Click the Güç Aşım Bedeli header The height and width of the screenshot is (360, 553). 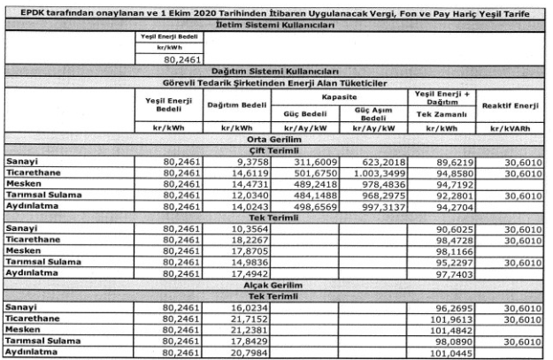pyautogui.click(x=374, y=115)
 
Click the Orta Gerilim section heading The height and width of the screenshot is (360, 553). pyautogui.click(x=274, y=140)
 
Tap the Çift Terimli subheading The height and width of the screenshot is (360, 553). pyautogui.click(x=274, y=150)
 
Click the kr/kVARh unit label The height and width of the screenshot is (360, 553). pyautogui.click(x=511, y=128)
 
